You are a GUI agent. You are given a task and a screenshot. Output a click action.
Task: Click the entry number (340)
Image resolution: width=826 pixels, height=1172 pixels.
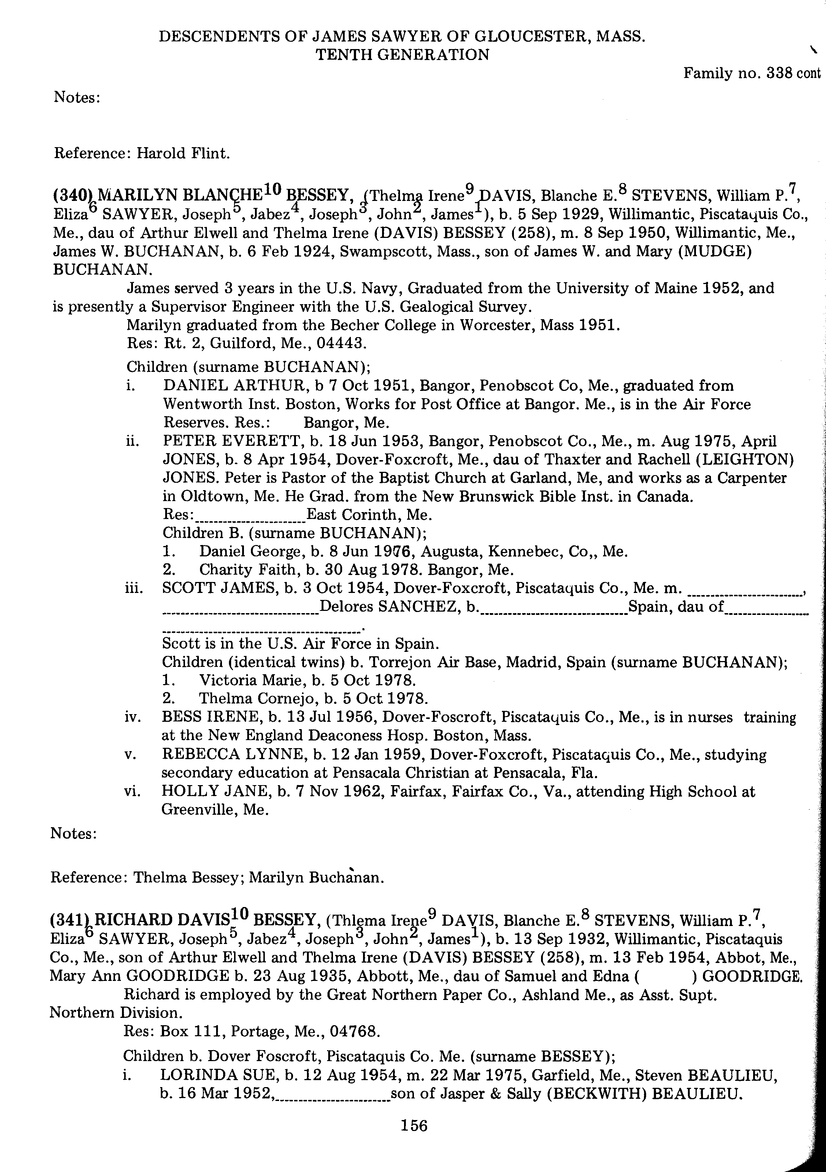point(73,195)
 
